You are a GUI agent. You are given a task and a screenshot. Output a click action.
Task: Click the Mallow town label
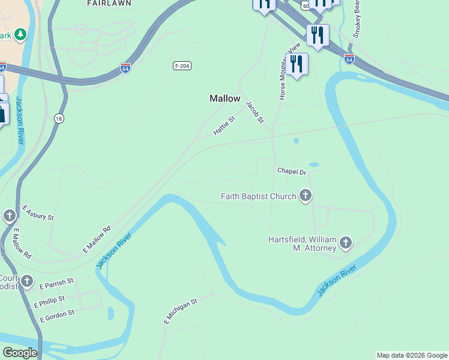click(x=224, y=98)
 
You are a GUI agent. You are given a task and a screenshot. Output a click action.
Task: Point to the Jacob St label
click(x=255, y=112)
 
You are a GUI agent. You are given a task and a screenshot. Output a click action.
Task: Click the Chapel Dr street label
click(x=292, y=172)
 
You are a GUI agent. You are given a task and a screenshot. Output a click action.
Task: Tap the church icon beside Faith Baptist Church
click(x=306, y=196)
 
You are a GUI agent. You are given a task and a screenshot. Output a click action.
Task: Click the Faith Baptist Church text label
click(x=259, y=196)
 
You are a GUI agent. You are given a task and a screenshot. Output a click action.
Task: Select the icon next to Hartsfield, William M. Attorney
click(x=345, y=243)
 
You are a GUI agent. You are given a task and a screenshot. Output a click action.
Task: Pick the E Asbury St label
click(x=38, y=212)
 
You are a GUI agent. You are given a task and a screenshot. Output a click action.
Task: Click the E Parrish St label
click(x=56, y=281)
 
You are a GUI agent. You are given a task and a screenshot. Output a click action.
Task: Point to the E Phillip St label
click(x=53, y=300)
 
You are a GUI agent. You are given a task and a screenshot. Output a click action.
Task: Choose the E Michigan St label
click(x=181, y=312)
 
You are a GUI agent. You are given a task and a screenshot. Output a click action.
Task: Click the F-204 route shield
click(x=182, y=65)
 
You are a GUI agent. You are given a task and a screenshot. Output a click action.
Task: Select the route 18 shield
click(x=59, y=118)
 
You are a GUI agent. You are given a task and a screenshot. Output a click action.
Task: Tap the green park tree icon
click(x=20, y=34)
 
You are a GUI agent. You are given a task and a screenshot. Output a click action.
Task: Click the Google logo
click(x=19, y=353)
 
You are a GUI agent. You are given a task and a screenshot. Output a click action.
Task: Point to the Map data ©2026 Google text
click(x=412, y=355)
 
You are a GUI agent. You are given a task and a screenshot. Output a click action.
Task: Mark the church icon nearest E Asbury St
click(x=10, y=216)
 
